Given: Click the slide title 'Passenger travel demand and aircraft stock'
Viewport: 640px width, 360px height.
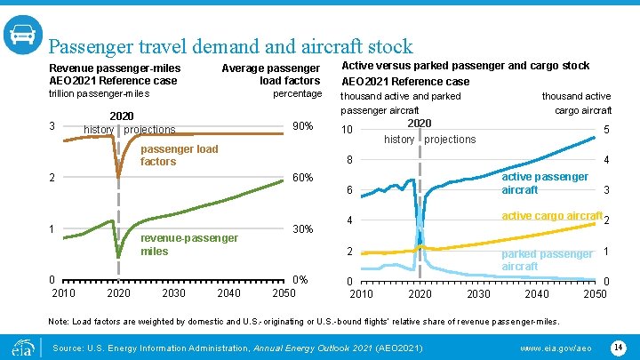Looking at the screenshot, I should pyautogui.click(x=230, y=46).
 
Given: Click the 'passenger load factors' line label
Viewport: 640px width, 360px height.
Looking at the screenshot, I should pyautogui.click(x=179, y=155).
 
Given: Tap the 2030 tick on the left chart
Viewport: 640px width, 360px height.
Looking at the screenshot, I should pyautogui.click(x=174, y=293).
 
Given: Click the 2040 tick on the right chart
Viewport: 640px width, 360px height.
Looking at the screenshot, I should pyautogui.click(x=537, y=293).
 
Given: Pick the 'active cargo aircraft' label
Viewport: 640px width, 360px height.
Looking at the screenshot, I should pyautogui.click(x=551, y=216).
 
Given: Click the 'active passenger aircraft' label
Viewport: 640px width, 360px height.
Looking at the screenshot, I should pyautogui.click(x=544, y=183).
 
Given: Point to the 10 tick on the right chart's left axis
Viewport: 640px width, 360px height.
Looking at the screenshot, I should pyautogui.click(x=349, y=131).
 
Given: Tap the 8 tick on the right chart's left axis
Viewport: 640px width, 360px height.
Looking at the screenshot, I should pyautogui.click(x=349, y=161).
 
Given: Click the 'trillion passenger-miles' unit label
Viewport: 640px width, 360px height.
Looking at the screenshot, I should pyautogui.click(x=99, y=93).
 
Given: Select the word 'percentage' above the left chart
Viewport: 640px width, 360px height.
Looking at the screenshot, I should pyautogui.click(x=297, y=93).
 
